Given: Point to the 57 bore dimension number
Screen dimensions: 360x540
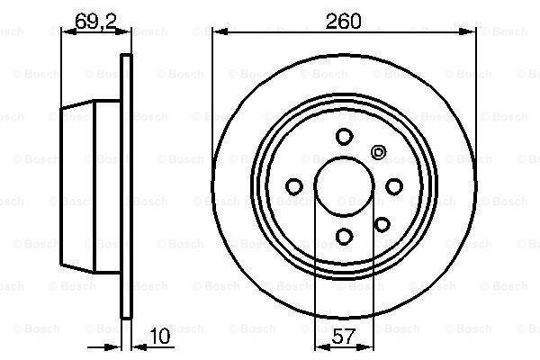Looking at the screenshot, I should click(343, 338).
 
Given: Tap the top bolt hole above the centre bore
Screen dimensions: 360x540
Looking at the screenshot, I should click(343, 137).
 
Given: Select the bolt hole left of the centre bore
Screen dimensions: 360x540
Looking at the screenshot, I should click(293, 186).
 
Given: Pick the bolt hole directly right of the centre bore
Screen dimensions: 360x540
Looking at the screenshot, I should click(392, 186).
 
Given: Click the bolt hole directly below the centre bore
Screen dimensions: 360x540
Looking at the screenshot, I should click(343, 236).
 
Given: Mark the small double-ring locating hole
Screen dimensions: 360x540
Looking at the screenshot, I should click(378, 152).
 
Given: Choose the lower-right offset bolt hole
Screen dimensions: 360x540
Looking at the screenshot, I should click(382, 224).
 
